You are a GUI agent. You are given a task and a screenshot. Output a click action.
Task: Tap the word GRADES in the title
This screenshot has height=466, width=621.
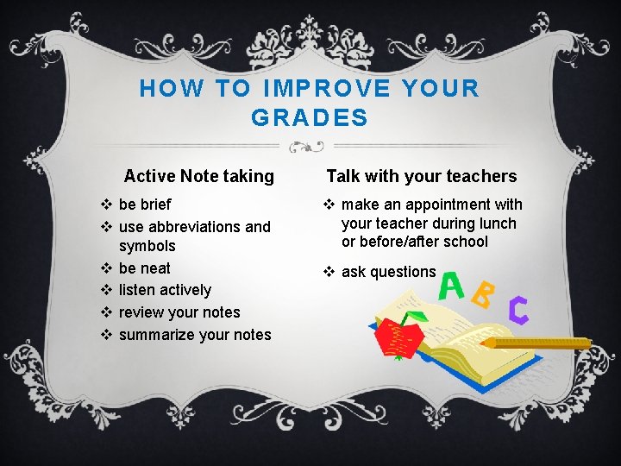pos(310,117)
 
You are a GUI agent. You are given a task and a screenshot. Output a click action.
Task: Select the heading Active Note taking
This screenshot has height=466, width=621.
pos(198,176)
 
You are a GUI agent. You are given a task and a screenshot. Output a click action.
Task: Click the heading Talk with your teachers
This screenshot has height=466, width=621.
pos(421,176)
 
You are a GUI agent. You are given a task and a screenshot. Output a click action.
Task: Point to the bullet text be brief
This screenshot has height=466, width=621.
pos(145,205)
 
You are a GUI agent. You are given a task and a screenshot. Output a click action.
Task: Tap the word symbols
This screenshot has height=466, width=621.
pos(147,246)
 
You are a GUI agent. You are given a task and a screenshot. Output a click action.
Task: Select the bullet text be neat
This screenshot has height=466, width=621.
pos(145,268)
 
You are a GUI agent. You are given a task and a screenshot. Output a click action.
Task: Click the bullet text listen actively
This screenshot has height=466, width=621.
pos(165,290)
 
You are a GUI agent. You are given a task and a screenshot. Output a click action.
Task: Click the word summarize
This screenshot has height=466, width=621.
pos(156,335)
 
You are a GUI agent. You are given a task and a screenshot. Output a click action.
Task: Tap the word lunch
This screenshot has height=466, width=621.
pos(499,224)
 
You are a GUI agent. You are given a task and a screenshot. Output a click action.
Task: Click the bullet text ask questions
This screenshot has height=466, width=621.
pos(388,272)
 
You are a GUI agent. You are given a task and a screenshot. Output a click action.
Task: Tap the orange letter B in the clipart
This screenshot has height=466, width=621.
pos(485,298)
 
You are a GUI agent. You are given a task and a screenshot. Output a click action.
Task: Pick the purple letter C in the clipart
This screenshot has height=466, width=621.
pos(518,310)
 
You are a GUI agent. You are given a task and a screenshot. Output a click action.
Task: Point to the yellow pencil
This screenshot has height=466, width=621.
pos(536,343)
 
